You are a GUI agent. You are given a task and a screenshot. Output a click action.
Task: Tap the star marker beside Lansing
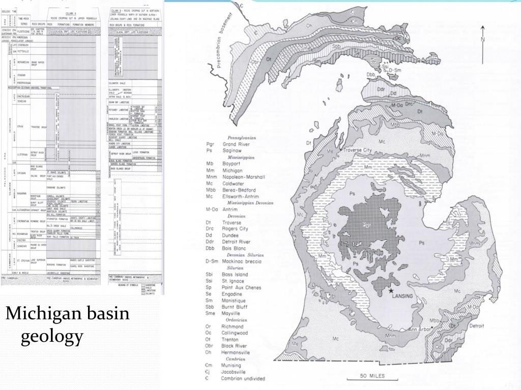391,291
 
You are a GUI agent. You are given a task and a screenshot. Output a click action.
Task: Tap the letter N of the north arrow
482,40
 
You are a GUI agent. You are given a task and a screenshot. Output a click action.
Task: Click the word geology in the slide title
51,336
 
